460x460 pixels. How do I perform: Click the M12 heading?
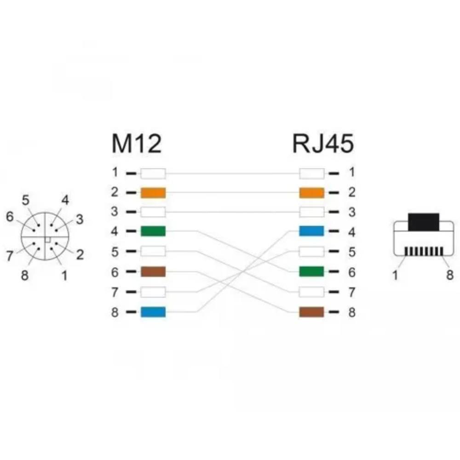137,144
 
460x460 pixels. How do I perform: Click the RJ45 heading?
323,144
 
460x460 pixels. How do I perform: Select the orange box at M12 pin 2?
153,193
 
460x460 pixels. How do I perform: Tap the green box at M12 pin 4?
153,231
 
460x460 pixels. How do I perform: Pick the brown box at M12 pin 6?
153,272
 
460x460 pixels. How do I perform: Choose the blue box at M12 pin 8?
153,312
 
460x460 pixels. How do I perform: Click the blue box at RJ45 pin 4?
311,231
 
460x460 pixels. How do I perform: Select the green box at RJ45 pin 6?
311,271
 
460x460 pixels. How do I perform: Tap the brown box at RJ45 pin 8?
311,312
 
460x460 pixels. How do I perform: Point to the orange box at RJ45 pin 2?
311,193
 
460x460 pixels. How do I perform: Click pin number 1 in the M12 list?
115,172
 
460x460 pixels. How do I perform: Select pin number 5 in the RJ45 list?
352,252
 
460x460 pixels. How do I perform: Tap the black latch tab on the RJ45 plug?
423,222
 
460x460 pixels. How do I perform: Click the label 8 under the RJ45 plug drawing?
450,275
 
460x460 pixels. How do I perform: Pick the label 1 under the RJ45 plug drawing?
395,275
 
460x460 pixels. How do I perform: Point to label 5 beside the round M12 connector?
26,201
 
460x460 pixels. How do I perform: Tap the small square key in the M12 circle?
47,239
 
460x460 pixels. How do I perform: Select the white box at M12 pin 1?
153,173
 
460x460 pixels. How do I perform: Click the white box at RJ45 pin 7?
311,292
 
